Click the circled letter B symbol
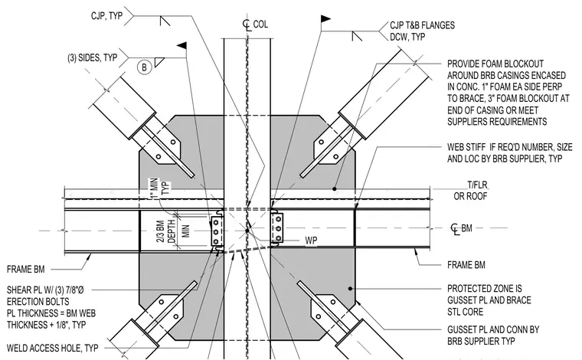coord(145,67)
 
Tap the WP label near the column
coord(311,241)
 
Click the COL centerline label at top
coord(255,25)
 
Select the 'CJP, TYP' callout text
coord(106,15)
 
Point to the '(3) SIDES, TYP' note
coord(93,58)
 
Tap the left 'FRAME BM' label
coord(25,269)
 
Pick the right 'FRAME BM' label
coord(466,265)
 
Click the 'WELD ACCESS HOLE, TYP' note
coord(52,348)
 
